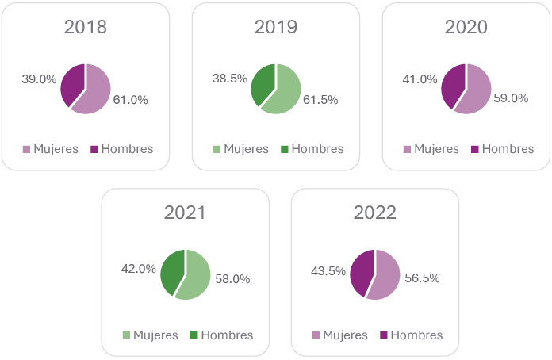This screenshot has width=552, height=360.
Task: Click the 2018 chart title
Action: [86, 27]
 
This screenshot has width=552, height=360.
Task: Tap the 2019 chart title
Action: [276, 27]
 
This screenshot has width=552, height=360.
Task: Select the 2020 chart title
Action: [466, 27]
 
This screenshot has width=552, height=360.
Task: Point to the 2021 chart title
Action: [185, 213]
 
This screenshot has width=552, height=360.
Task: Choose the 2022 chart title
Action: [375, 213]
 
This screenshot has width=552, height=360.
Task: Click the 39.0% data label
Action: [39, 79]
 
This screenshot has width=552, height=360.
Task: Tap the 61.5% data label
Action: [321, 100]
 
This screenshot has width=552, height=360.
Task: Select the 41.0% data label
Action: [420, 79]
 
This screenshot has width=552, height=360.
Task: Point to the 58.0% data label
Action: [232, 279]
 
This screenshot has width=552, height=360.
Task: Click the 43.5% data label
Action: [328, 270]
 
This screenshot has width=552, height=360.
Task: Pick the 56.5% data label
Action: [423, 278]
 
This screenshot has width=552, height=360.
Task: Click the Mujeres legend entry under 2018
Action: [51, 149]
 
